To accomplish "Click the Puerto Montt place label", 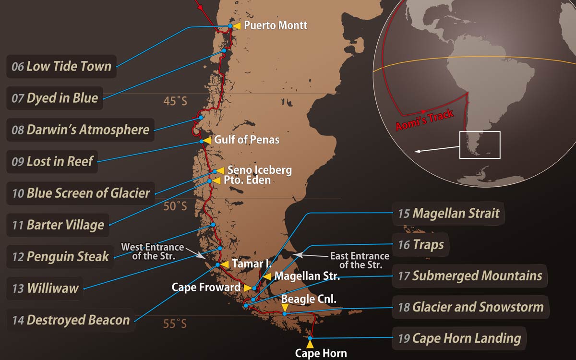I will coord(276,25).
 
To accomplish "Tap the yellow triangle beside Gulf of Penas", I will coord(206,140).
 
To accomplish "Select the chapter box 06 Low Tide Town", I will coord(61,66).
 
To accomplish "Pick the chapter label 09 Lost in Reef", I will coord(52,161).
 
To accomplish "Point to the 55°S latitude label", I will coord(175,324).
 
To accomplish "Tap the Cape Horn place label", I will coord(321,354).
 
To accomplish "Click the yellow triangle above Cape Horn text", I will coord(310,344).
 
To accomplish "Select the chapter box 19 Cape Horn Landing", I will coord(459,338).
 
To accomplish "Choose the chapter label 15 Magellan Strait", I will coord(448,214).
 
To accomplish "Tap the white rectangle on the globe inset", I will coord(480,144).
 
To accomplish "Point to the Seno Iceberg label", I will coord(259,170).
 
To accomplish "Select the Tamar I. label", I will coord(248,264).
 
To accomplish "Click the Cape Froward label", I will coord(206,288).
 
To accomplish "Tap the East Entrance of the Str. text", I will coord(360,260).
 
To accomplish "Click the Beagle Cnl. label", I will coord(309,299).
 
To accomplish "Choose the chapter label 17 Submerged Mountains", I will coord(469,276).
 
